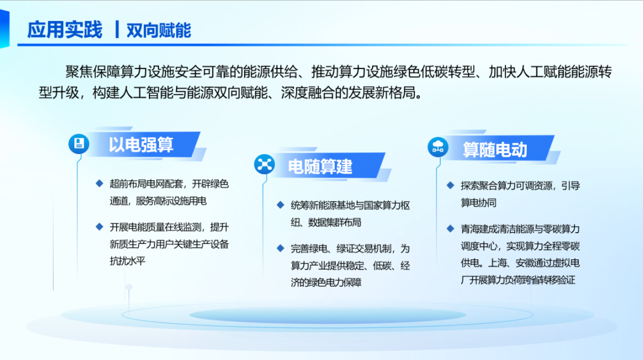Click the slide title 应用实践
(x=64, y=30)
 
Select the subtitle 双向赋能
(x=159, y=30)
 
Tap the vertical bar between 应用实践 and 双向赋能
(x=117, y=30)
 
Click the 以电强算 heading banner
(x=143, y=145)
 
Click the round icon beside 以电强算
(x=79, y=144)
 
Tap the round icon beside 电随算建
(x=264, y=164)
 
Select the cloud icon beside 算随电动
(x=438, y=147)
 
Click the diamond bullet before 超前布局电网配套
(x=99, y=183)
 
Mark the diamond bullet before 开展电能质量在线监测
(x=99, y=227)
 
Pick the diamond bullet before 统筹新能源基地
(x=280, y=205)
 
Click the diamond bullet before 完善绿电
(x=280, y=248)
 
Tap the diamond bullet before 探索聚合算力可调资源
(x=450, y=185)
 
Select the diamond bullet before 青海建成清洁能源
(x=450, y=228)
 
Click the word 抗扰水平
(x=127, y=261)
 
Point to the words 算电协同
(x=479, y=203)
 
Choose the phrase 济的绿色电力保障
(x=326, y=283)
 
